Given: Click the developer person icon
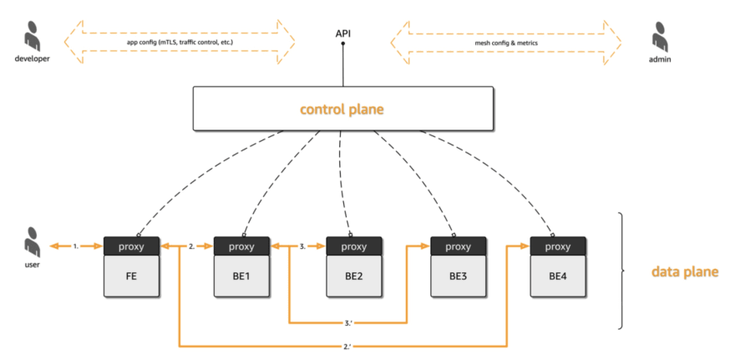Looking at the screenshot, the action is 32,37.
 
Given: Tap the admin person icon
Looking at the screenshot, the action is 659,37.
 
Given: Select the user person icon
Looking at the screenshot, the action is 32,243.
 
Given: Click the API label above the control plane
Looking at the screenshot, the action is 342,33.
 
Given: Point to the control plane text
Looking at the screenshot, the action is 342,109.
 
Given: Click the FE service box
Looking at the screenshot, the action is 132,276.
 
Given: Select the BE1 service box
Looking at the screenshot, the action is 242,276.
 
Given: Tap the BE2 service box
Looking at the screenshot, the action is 354,276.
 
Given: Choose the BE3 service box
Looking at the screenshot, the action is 459,276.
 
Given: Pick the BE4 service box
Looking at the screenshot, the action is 558,276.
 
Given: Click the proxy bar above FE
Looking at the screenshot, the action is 132,246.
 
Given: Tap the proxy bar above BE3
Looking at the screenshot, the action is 459,246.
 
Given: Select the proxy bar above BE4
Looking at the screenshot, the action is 558,246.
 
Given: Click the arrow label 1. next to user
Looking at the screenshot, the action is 75,246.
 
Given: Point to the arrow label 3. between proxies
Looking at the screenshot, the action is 302,246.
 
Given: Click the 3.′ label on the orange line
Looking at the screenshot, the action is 347,322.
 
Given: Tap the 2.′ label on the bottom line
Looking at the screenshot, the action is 347,347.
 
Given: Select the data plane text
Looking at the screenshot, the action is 685,271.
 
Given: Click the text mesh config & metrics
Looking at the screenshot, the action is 506,43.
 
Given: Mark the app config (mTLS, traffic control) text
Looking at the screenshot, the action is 180,43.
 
